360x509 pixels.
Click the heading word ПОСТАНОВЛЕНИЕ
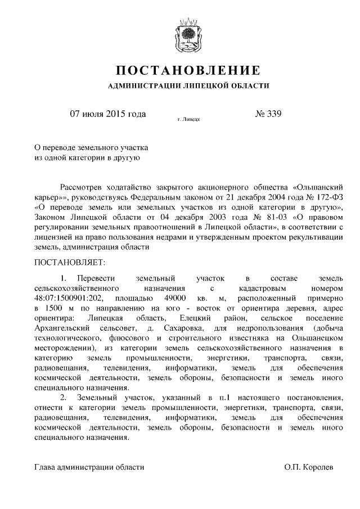point(188,70)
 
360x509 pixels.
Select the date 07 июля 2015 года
point(107,114)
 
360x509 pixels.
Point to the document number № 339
point(268,114)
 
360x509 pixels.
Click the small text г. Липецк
point(188,119)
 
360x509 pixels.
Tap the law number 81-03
point(246,217)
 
